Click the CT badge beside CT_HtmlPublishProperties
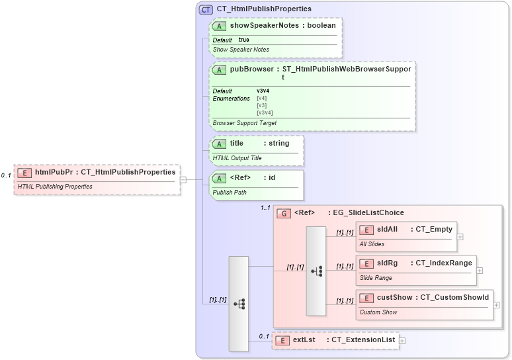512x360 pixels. tap(205, 9)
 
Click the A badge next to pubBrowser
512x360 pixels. tap(220, 69)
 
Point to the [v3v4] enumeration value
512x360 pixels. tap(265, 112)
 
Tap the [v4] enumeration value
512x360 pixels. tap(261, 98)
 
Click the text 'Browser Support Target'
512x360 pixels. tap(245, 123)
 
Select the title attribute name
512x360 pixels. tap(237, 143)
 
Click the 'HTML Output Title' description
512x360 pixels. tap(237, 158)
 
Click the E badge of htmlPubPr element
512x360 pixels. tap(24, 172)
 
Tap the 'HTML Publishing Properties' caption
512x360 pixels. tap(54, 187)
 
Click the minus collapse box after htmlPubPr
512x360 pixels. tap(183, 179)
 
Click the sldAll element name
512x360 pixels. tap(387, 229)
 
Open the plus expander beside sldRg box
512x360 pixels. tap(480, 270)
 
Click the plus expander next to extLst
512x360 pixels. tap(402, 340)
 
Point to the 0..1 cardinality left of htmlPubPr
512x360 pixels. tap(6, 175)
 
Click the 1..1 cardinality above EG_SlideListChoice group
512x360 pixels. tap(265, 208)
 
